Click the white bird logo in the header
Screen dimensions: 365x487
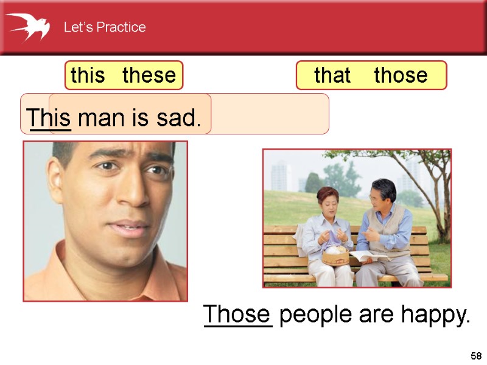(27, 27)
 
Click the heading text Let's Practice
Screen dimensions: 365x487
(105, 27)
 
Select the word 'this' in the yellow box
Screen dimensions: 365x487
(88, 75)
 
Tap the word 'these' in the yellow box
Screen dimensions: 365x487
(149, 75)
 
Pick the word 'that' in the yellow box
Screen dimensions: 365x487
(332, 75)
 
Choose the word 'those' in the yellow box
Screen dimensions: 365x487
(401, 75)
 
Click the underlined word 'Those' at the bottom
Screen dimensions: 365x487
(237, 315)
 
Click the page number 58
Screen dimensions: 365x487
(476, 355)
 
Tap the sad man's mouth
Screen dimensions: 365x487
(128, 229)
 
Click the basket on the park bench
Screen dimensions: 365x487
(335, 255)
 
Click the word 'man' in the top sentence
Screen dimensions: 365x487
(99, 117)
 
